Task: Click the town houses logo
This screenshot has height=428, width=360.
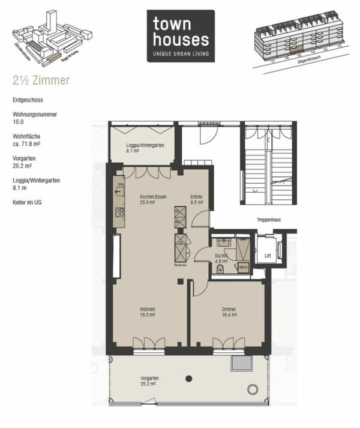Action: click(x=180, y=35)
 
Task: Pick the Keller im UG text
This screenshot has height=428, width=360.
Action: click(x=28, y=202)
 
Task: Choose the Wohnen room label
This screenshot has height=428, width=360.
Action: click(x=148, y=312)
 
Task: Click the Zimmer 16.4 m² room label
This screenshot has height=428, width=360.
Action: click(x=228, y=312)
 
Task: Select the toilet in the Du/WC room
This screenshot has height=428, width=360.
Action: click(x=220, y=270)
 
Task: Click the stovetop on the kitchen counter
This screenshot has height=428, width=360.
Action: click(x=119, y=211)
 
